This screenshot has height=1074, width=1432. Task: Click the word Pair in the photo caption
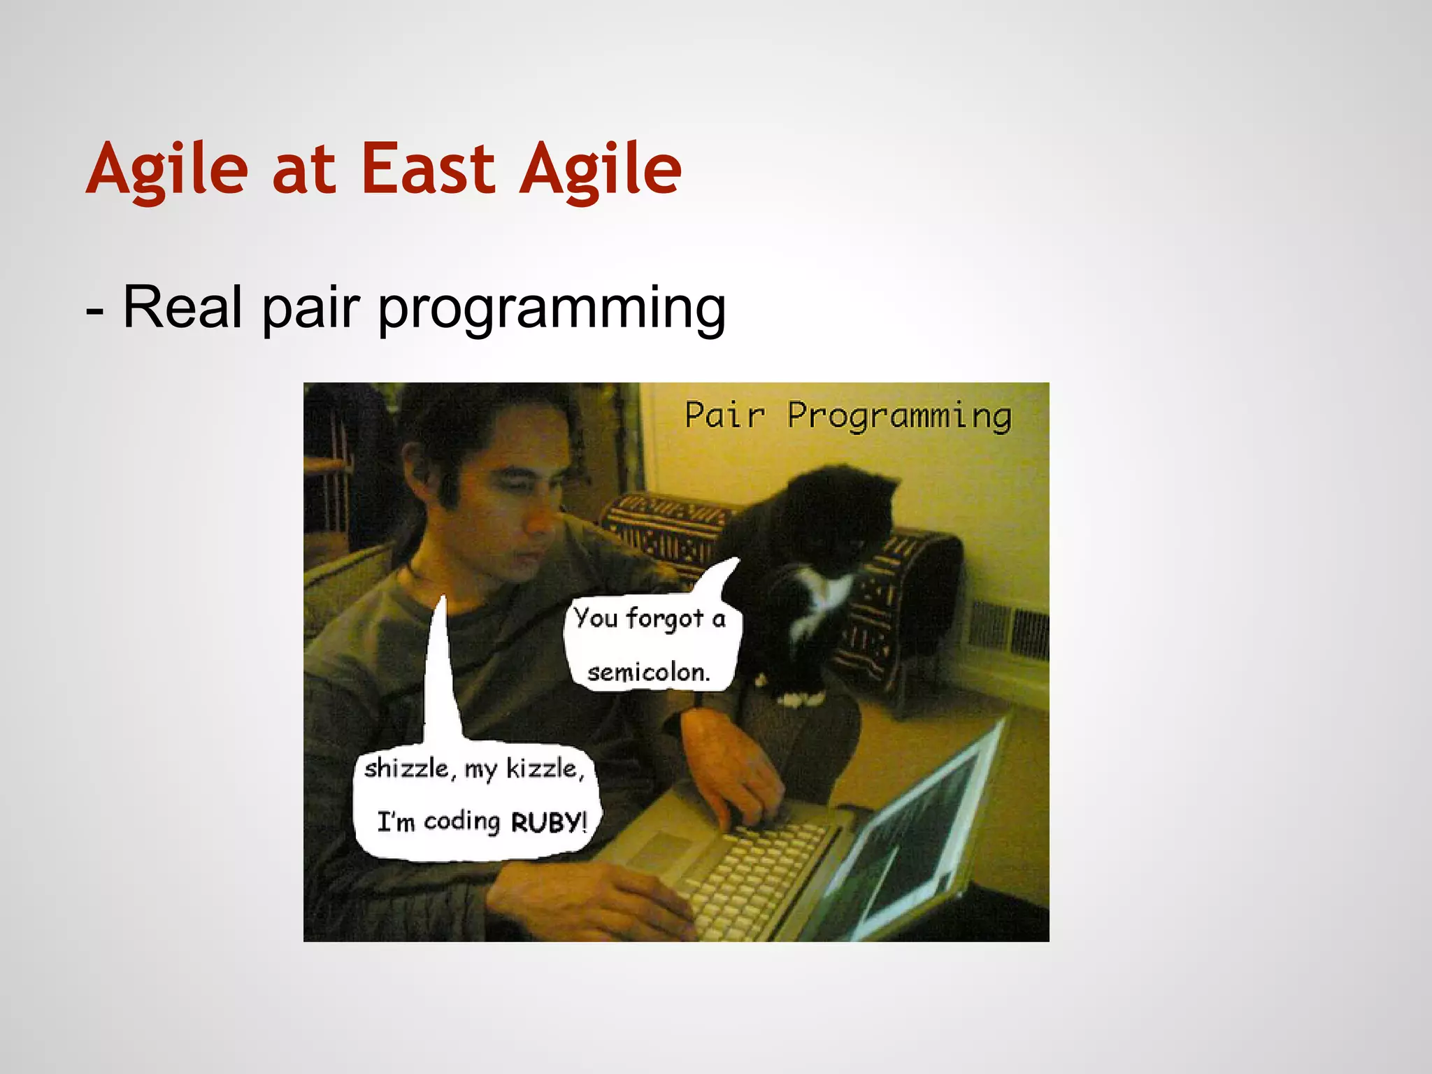(724, 415)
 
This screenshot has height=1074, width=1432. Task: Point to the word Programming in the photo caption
(899, 417)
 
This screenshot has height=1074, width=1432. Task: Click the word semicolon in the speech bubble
(647, 673)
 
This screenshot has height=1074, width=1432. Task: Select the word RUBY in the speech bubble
(546, 822)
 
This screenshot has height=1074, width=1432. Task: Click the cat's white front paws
(801, 697)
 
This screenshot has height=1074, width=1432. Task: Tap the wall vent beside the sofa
(1010, 629)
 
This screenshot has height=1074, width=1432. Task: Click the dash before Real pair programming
(95, 311)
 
